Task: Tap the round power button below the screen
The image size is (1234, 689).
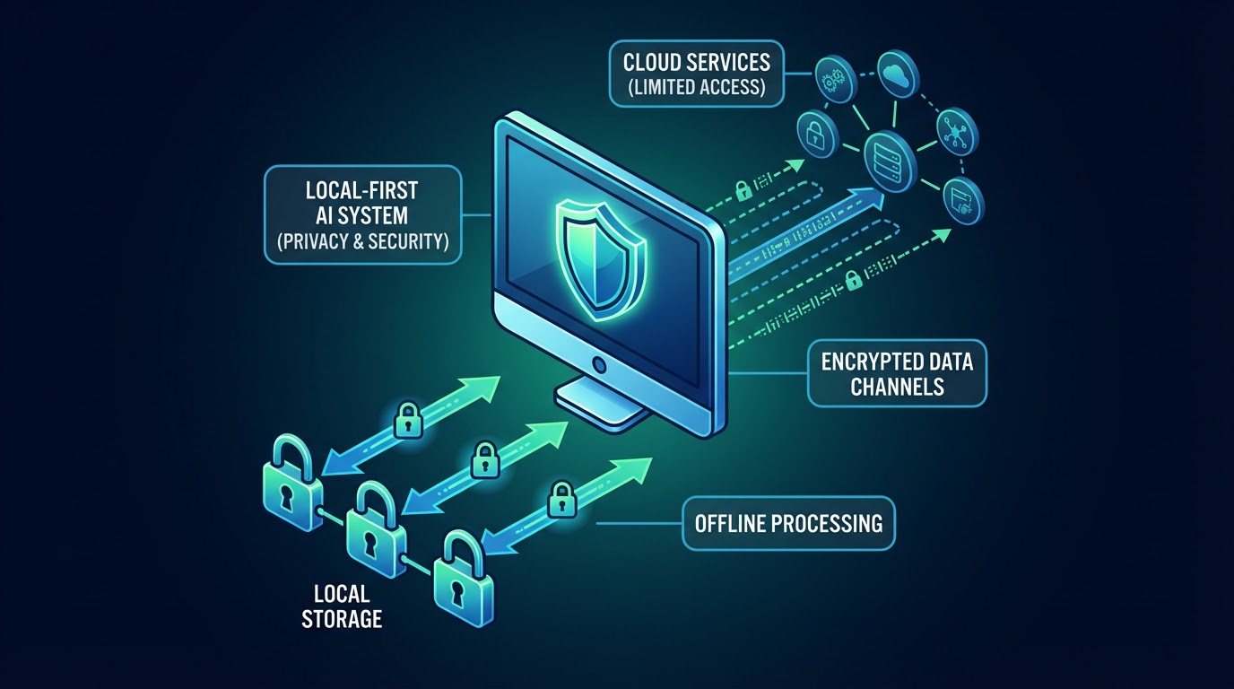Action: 599,366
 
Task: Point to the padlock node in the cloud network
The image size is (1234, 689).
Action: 815,135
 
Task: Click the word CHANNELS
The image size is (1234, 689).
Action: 897,387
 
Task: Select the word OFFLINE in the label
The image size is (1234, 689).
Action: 735,522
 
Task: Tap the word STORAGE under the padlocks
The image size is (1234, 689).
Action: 342,617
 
